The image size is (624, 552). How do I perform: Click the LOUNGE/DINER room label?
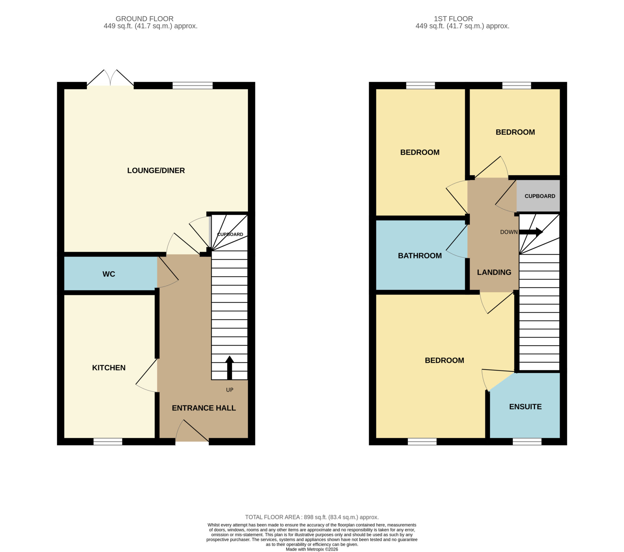pyautogui.click(x=156, y=170)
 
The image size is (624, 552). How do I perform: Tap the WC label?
pyautogui.click(x=109, y=274)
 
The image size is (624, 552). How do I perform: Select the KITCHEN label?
pyautogui.click(x=109, y=368)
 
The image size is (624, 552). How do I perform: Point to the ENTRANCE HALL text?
pyautogui.click(x=204, y=408)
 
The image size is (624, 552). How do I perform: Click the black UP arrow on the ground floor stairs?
pyautogui.click(x=229, y=368)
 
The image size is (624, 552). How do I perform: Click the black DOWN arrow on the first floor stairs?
pyautogui.click(x=531, y=232)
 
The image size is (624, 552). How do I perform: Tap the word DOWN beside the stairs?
pyautogui.click(x=509, y=232)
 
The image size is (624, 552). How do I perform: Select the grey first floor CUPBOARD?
pyautogui.click(x=538, y=196)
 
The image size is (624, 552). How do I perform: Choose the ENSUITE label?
pyautogui.click(x=526, y=407)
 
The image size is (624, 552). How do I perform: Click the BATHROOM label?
pyautogui.click(x=420, y=256)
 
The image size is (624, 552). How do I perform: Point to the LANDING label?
pyautogui.click(x=494, y=272)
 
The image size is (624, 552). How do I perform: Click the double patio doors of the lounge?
pyautogui.click(x=110, y=78)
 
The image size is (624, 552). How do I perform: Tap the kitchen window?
pyautogui.click(x=108, y=441)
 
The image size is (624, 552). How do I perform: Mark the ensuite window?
pyautogui.click(x=527, y=441)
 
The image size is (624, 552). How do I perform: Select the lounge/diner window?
pyautogui.click(x=192, y=85)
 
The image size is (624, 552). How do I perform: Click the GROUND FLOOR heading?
pyautogui.click(x=145, y=19)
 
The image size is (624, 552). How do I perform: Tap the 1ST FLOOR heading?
pyautogui.click(x=453, y=19)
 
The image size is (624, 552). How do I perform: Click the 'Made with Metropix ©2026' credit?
pyautogui.click(x=312, y=549)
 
